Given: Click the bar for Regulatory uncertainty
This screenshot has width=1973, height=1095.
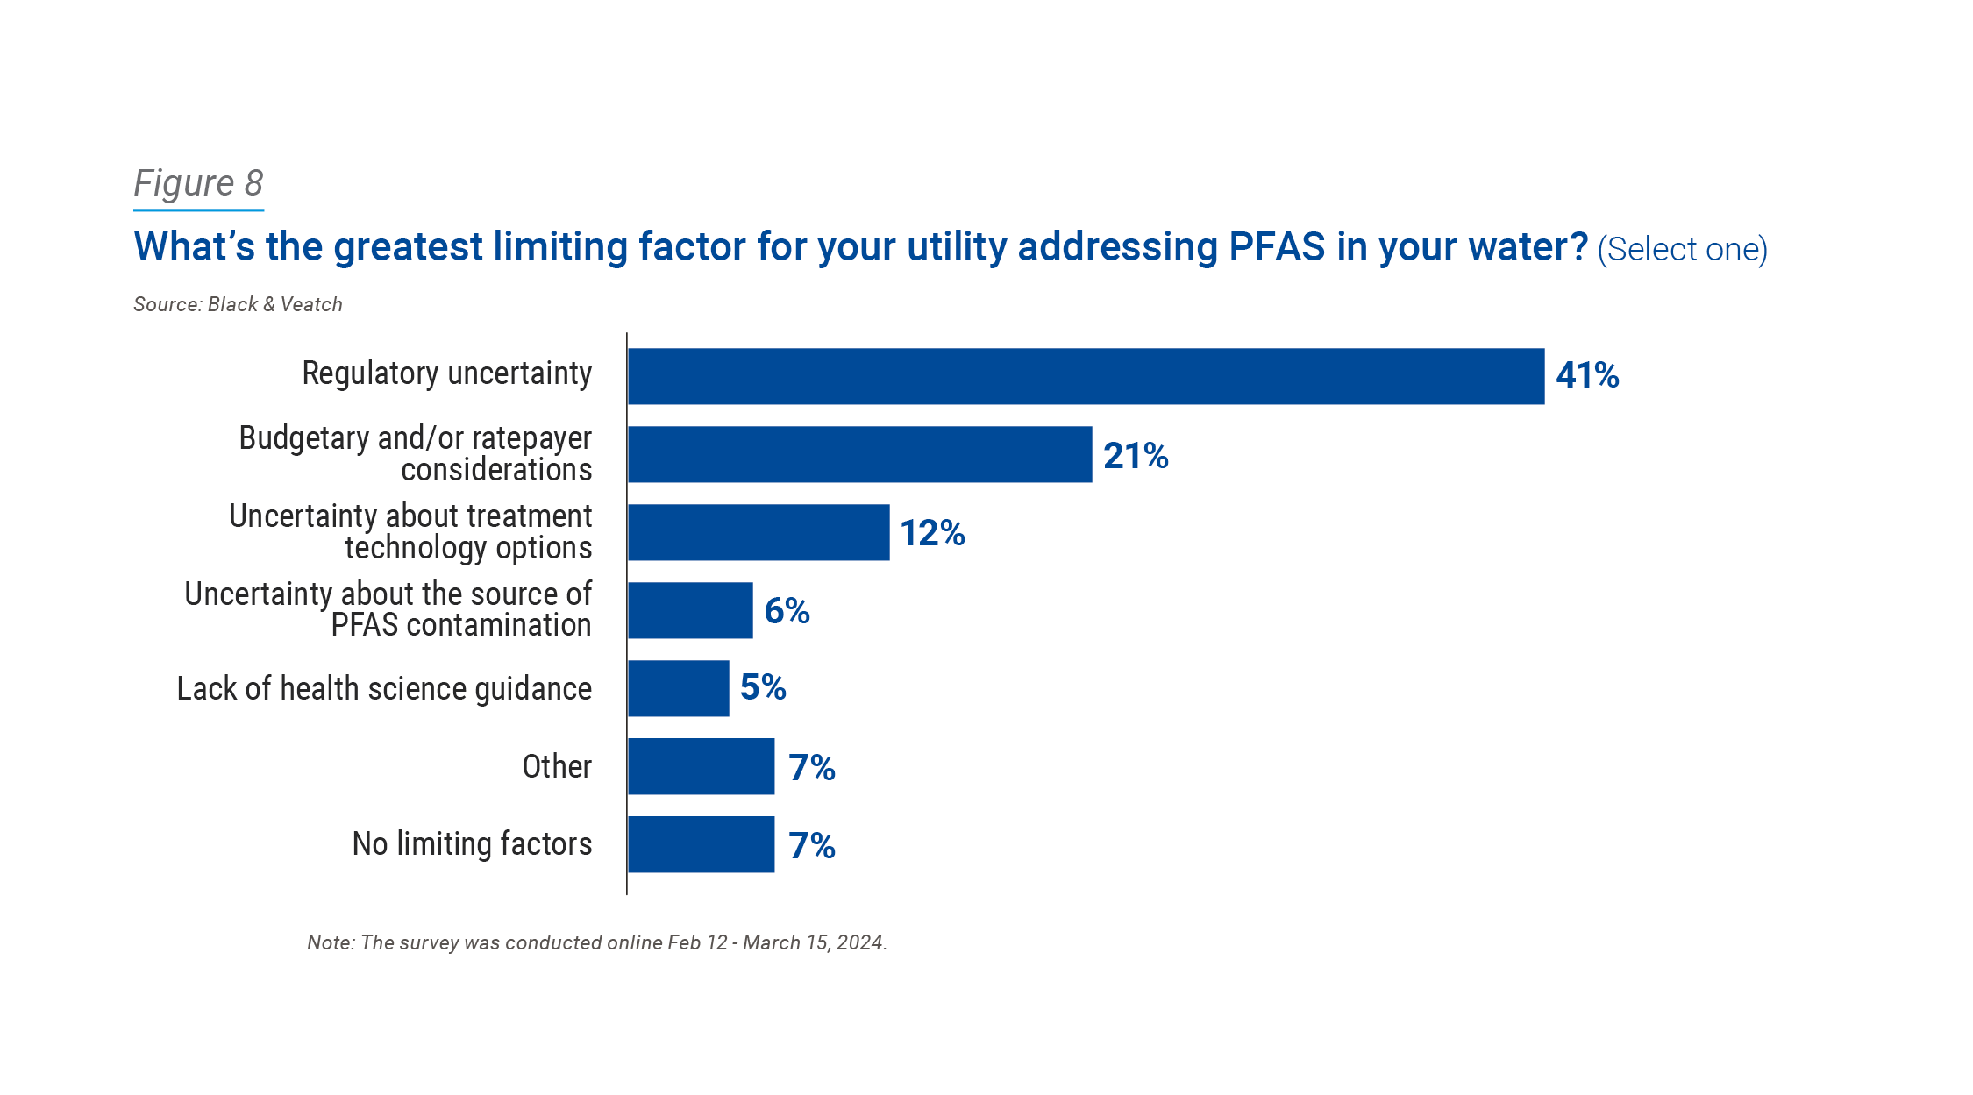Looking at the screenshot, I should (1086, 376).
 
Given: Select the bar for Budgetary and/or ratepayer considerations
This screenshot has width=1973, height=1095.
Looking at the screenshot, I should (859, 454).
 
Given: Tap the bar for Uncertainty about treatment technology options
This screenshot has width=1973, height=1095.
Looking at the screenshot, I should (759, 532).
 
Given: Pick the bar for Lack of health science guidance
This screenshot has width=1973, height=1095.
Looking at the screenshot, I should (678, 688).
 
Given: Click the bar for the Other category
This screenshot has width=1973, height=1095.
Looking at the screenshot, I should (701, 766).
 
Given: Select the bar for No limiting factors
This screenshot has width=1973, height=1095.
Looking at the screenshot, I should (701, 844).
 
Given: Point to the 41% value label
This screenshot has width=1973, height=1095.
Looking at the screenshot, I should (1587, 376).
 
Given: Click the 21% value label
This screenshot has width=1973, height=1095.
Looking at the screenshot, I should (1136, 456).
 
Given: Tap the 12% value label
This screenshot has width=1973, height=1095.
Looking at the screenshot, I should (932, 533).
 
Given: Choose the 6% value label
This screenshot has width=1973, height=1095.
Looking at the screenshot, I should (787, 611).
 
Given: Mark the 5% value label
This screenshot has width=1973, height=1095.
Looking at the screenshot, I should (763, 687).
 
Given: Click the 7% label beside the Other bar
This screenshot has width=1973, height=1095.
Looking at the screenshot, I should (811, 768).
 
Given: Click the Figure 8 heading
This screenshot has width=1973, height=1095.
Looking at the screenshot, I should (198, 183).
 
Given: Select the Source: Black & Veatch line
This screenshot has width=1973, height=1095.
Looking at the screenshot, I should (238, 304).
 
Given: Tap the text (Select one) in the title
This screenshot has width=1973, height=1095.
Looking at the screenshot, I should (1682, 250).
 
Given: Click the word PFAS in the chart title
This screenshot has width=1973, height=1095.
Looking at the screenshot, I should (1276, 247).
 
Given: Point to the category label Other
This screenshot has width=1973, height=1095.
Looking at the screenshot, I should (557, 766).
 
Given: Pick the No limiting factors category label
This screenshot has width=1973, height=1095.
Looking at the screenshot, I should (472, 844).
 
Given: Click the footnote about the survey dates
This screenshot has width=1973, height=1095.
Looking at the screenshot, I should (596, 942).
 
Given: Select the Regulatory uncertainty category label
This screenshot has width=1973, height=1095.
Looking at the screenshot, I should (446, 373).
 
